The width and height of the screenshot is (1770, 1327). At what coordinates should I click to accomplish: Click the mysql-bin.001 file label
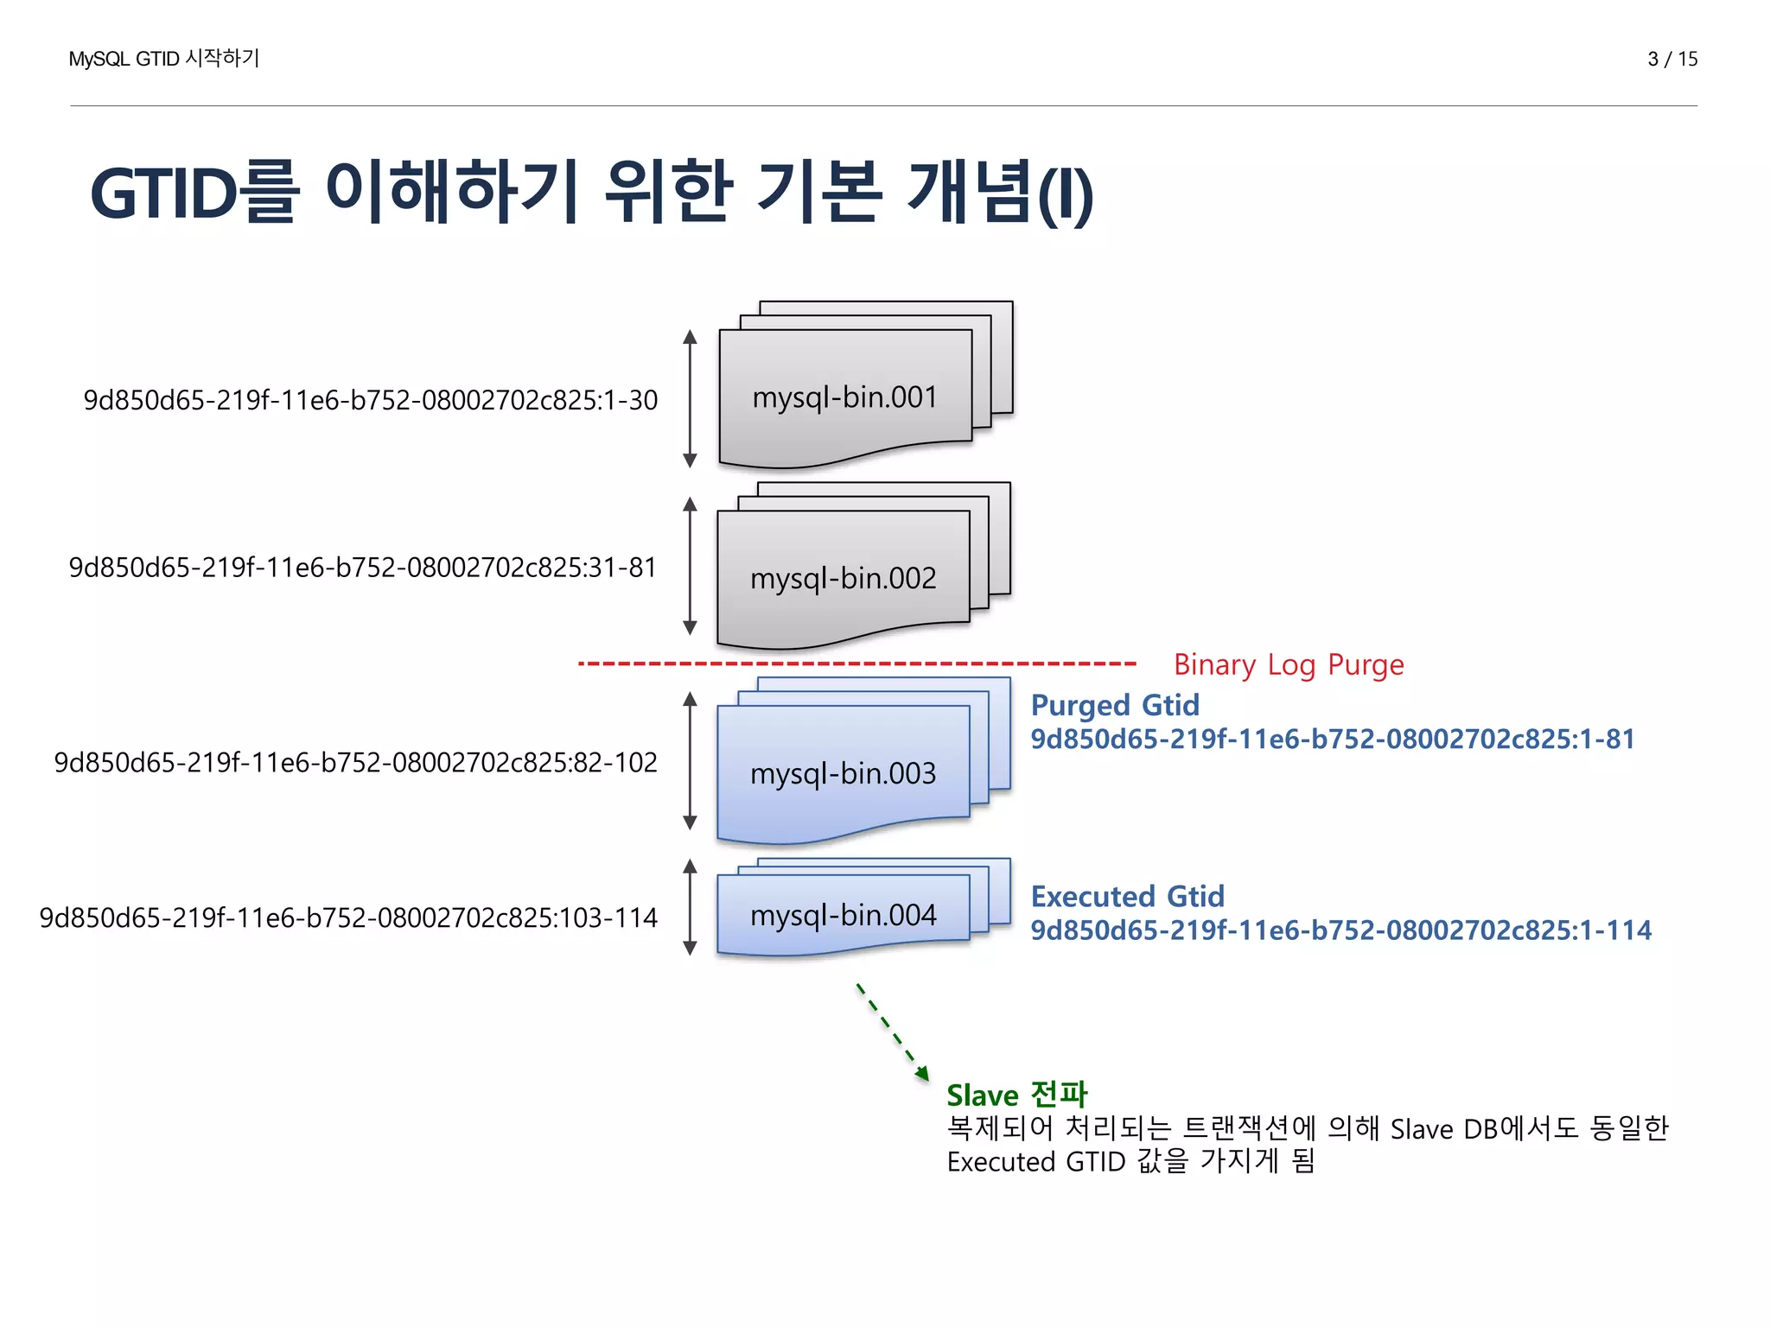[844, 397]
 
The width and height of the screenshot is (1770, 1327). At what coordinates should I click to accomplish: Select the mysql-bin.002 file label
[843, 578]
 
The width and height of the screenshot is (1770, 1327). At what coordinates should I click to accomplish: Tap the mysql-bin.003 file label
[843, 773]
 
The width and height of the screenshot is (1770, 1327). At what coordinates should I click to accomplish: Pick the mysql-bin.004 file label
[843, 915]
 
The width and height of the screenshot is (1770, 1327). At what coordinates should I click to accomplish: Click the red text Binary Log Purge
[1288, 664]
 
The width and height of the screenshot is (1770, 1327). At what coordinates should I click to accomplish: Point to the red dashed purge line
[856, 663]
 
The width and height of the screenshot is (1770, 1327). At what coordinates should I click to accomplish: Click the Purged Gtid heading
[1115, 705]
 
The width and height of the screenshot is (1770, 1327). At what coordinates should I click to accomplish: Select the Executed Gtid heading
[1127, 896]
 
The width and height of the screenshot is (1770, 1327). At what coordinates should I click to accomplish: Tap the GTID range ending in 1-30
[370, 400]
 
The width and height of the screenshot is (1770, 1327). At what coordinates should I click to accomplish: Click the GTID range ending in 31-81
[362, 568]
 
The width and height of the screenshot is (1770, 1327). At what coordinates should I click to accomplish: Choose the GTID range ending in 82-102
[355, 762]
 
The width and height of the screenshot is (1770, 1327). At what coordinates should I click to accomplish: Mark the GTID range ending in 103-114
[348, 917]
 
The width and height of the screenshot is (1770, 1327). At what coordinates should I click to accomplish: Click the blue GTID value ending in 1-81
[1332, 739]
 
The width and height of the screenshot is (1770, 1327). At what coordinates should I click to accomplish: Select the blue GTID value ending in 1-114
[1340, 930]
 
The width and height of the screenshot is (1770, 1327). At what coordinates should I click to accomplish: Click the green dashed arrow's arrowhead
[923, 1074]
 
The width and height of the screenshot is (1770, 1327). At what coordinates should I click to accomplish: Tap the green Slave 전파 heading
[1016, 1095]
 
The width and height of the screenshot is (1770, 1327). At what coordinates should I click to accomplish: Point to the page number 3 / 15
[1671, 59]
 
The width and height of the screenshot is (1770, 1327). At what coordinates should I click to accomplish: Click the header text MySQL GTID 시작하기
[163, 59]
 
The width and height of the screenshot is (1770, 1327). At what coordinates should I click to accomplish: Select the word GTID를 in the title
[194, 192]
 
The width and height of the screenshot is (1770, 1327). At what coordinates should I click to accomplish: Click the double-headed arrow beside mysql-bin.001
[690, 398]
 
